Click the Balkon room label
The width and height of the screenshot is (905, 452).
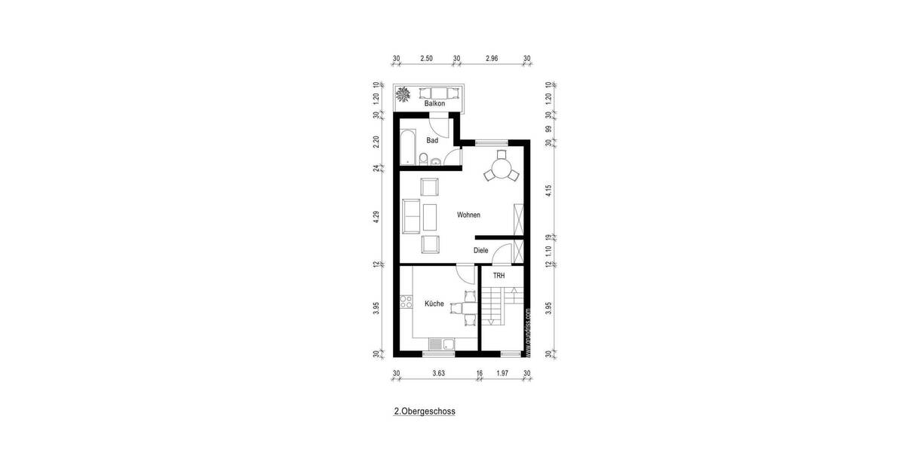[434, 104]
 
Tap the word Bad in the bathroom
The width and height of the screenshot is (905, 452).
[432, 141]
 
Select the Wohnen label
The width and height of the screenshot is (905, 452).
[468, 215]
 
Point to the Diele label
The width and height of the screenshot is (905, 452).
[480, 251]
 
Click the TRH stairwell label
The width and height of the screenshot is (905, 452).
[499, 276]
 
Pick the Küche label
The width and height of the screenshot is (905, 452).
[434, 303]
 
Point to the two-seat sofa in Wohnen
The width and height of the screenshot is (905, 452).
[412, 217]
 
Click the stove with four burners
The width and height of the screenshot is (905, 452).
[406, 304]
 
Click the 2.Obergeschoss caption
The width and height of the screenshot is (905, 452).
[425, 412]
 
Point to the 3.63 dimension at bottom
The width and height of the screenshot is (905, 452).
[438, 372]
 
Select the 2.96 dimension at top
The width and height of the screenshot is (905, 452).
[492, 58]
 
